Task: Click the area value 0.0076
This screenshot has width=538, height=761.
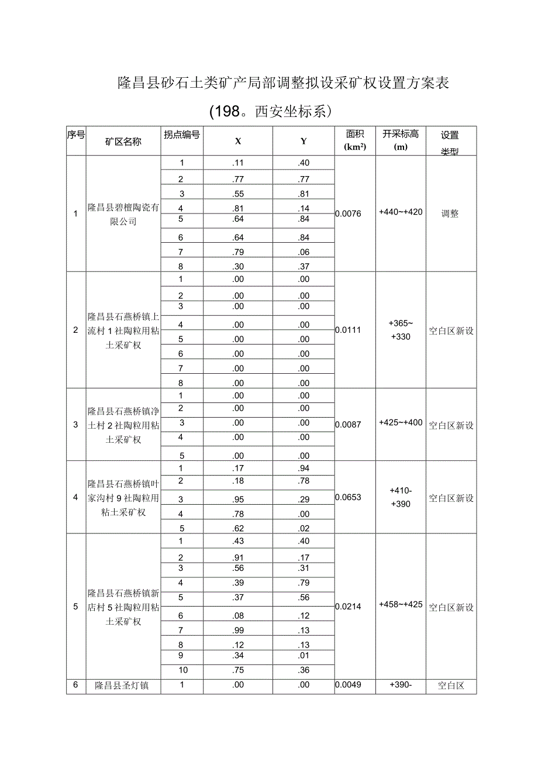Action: (x=349, y=214)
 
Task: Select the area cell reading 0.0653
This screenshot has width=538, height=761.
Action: (x=349, y=497)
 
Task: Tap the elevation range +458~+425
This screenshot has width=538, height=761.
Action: (x=401, y=604)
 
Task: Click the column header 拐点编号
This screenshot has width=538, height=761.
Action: (x=182, y=135)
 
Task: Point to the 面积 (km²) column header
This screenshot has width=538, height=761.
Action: (x=354, y=140)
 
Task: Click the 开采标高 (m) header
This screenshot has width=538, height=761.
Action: (x=401, y=140)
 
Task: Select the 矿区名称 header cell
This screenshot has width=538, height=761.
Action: (x=123, y=142)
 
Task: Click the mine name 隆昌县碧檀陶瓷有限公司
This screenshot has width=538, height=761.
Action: (x=123, y=214)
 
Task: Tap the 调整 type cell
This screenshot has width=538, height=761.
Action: (x=450, y=214)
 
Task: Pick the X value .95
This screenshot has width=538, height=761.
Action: (x=237, y=499)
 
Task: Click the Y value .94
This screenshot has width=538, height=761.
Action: (x=304, y=468)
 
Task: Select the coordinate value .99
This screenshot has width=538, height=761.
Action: (x=237, y=630)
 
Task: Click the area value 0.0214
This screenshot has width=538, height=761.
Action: (x=349, y=607)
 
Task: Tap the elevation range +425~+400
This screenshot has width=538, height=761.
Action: (x=401, y=422)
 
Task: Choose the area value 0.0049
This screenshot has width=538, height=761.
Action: (x=349, y=685)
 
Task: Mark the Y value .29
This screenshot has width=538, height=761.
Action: (x=304, y=499)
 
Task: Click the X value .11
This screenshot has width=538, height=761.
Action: (x=237, y=163)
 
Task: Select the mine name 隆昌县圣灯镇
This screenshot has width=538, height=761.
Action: (x=122, y=686)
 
